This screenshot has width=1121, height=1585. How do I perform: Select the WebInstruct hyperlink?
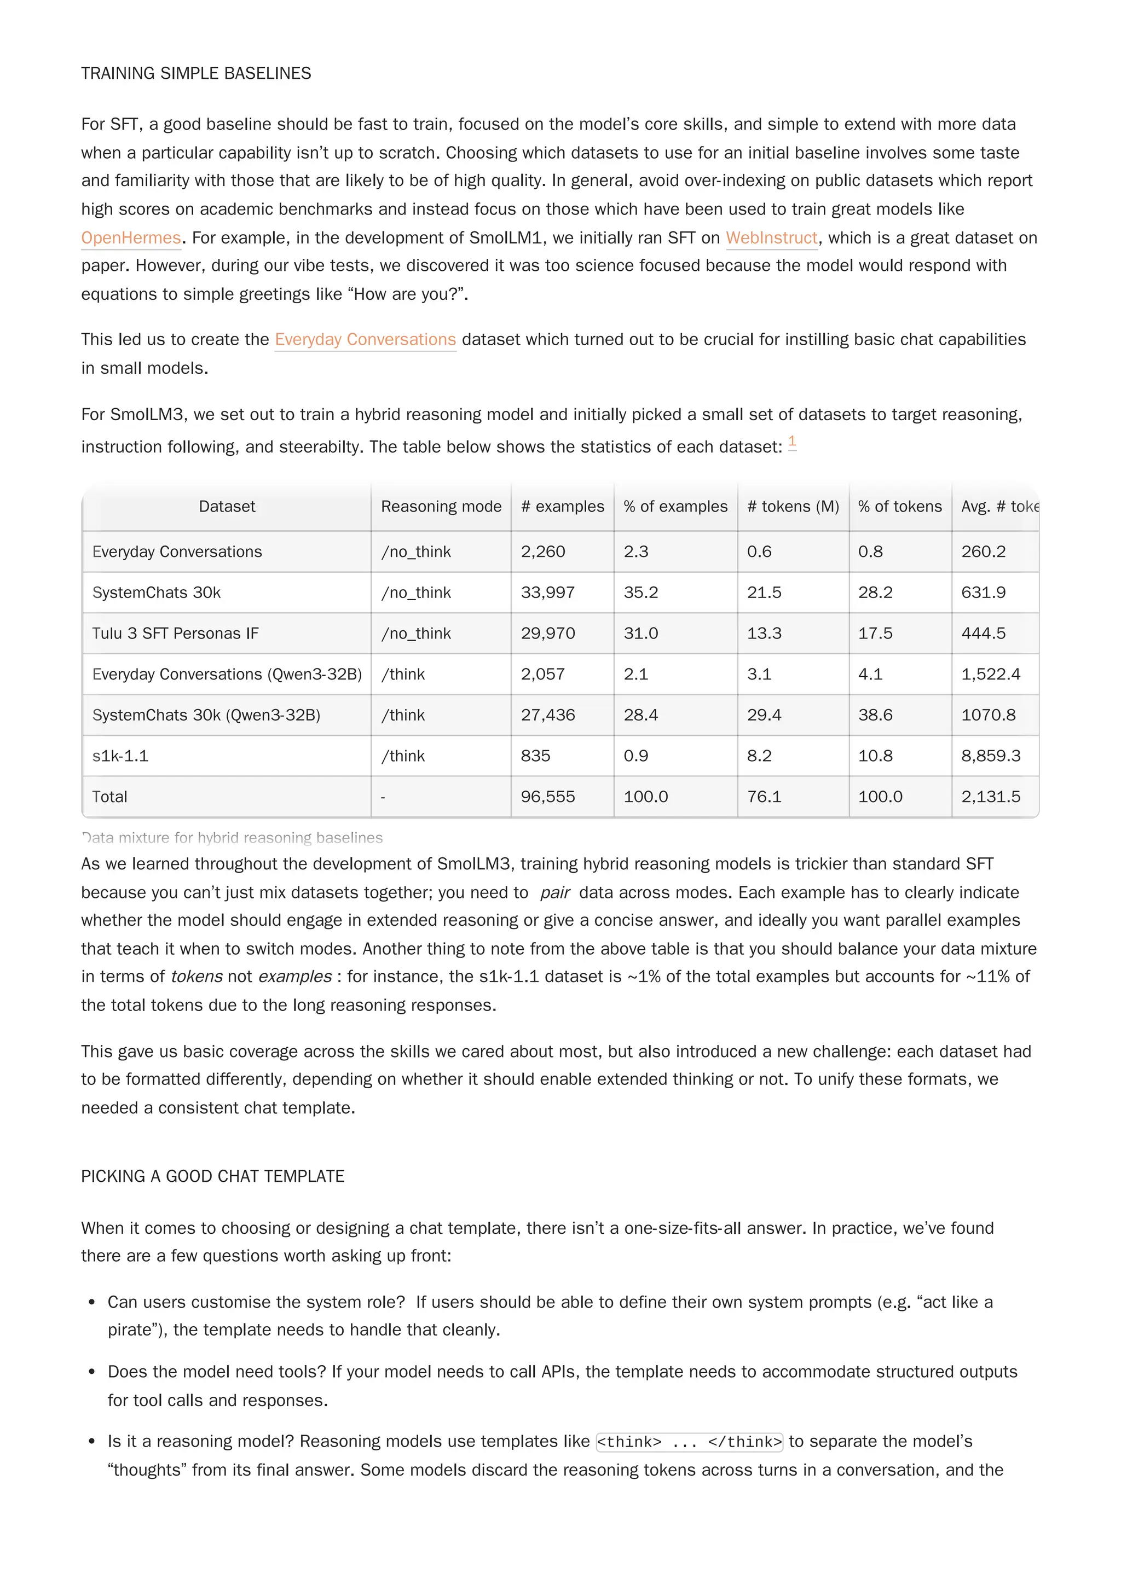(x=771, y=237)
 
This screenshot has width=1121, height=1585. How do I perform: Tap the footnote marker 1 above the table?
(x=791, y=441)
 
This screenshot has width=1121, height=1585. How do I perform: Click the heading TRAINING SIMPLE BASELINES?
(x=195, y=73)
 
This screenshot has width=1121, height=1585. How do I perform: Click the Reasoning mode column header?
(x=441, y=506)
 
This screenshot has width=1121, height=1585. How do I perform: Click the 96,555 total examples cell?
(x=548, y=796)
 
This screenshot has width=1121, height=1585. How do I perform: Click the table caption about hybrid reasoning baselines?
(x=232, y=838)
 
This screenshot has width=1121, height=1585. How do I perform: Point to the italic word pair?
(x=554, y=892)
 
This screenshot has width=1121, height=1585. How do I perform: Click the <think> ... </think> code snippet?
(x=689, y=1442)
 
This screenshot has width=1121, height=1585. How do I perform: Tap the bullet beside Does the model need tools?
(x=92, y=1372)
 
